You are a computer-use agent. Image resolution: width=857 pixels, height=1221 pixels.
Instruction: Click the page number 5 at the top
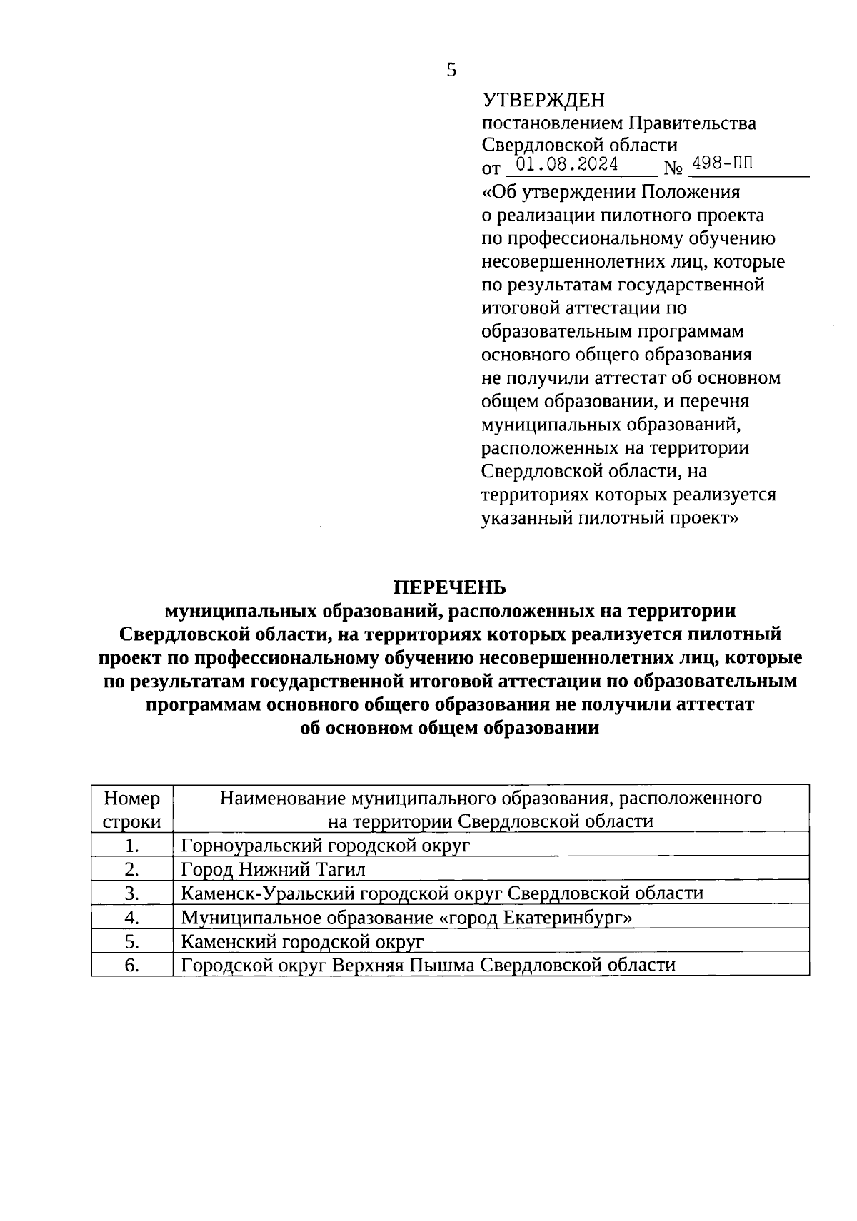[x=451, y=70]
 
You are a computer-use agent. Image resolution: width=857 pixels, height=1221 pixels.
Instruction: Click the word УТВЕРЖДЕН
[x=543, y=100]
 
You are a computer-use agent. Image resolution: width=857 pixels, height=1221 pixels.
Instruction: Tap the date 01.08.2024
[x=567, y=165]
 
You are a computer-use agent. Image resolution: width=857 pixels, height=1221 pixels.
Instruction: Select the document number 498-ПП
[x=722, y=164]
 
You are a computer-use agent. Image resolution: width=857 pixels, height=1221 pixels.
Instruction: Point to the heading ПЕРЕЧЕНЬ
[x=450, y=587]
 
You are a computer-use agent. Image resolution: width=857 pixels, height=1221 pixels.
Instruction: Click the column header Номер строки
[x=132, y=809]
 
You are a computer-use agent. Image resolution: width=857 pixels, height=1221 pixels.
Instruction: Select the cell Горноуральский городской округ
[x=326, y=846]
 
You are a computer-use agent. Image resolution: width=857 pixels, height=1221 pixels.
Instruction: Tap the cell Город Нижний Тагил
[x=273, y=869]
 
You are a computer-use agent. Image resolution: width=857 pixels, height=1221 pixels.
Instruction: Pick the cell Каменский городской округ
[x=302, y=941]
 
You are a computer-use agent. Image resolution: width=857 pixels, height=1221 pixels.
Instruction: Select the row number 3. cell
[x=131, y=893]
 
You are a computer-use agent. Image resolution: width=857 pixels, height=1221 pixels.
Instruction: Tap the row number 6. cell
[x=131, y=966]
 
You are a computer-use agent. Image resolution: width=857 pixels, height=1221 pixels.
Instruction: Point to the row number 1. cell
[x=131, y=846]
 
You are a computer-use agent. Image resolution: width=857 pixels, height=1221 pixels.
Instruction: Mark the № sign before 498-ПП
[x=673, y=169]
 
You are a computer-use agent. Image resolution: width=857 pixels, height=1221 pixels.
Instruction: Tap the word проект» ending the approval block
[x=703, y=517]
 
